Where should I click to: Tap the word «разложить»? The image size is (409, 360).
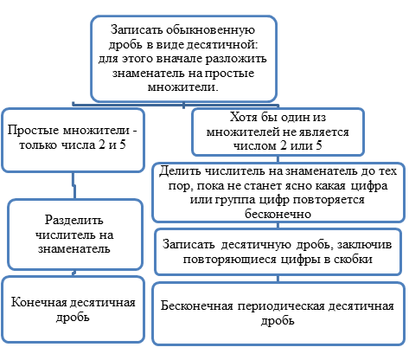(x=236, y=59)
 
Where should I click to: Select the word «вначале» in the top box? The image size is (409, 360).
(x=179, y=59)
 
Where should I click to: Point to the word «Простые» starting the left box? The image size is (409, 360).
(x=33, y=130)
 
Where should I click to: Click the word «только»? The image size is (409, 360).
(x=38, y=145)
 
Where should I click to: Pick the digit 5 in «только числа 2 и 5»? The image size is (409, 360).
(x=123, y=145)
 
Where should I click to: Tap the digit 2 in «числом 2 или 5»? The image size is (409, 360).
(x=284, y=145)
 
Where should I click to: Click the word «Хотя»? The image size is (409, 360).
(x=244, y=118)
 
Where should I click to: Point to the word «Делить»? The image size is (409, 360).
(x=181, y=171)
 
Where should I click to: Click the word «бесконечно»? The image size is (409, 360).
(x=278, y=214)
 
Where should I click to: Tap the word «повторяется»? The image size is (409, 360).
(x=328, y=200)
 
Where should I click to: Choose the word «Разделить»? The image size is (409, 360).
(x=74, y=220)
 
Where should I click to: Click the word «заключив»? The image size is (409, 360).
(x=364, y=245)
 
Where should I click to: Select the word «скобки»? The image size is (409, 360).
(x=353, y=259)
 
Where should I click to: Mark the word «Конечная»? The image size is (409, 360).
(x=39, y=302)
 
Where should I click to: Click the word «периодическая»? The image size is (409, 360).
(x=281, y=306)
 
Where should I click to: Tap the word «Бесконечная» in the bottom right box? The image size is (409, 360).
(x=197, y=305)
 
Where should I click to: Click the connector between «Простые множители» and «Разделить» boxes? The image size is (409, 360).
(x=73, y=186)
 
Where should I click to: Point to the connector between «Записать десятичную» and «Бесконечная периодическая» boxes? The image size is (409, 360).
(x=278, y=279)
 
